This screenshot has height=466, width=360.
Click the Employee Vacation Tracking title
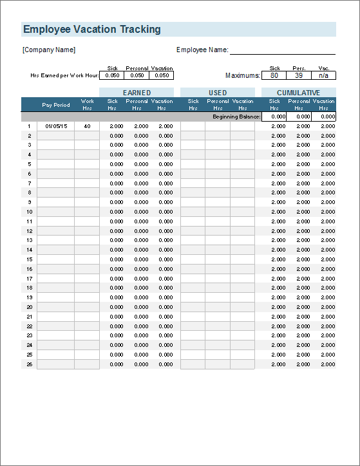[x=91, y=30]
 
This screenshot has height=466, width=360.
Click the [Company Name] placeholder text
[x=49, y=50]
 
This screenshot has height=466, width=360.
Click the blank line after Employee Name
[x=283, y=50]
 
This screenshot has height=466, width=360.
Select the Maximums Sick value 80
[x=274, y=75]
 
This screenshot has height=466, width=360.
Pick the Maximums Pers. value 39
[x=299, y=75]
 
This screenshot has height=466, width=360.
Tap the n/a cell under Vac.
[x=323, y=75]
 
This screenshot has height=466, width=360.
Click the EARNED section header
[x=137, y=93]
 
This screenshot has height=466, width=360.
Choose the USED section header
[x=218, y=93]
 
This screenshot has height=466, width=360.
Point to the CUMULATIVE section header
[x=298, y=93]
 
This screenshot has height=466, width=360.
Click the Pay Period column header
[x=56, y=105]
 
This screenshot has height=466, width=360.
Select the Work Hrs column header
[x=87, y=104]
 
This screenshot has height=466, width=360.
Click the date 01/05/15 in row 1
[x=56, y=127]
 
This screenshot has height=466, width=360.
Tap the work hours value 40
[x=87, y=127]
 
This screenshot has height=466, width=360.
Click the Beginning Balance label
[x=236, y=117]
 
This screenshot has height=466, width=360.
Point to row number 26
[x=29, y=364]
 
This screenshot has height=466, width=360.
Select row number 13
[x=29, y=241]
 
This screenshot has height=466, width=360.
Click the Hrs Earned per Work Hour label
[x=64, y=76]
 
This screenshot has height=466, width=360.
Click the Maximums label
[x=243, y=76]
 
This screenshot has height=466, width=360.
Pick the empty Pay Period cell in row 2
[x=56, y=136]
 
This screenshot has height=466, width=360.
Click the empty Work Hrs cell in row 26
[x=87, y=364]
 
